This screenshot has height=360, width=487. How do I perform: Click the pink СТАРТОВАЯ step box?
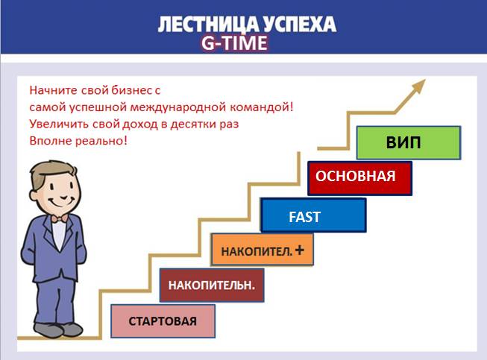pyautogui.click(x=163, y=321)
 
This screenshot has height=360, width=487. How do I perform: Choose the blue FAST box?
pyautogui.click(x=313, y=216)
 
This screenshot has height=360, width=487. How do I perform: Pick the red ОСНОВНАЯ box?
pyautogui.click(x=361, y=178)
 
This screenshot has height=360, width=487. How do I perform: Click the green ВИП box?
pyautogui.click(x=408, y=143)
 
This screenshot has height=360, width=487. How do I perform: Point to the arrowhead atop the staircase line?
pyautogui.click(x=422, y=83)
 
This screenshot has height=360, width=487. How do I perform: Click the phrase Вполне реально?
pyautogui.click(x=78, y=140)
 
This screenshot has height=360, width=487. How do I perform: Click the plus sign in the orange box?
pyautogui.click(x=299, y=250)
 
